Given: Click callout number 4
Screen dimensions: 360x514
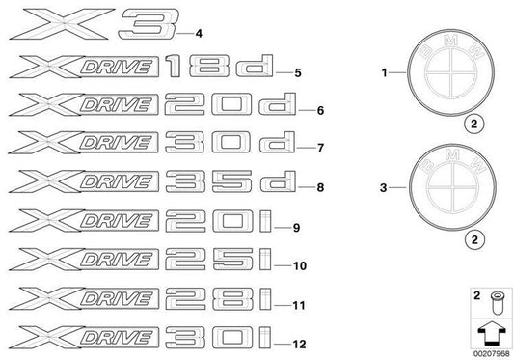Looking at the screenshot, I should tap(198, 34).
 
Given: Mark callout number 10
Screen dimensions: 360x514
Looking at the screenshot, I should tap(299, 264).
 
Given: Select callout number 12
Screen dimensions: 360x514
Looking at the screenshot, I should tap(301, 344).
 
